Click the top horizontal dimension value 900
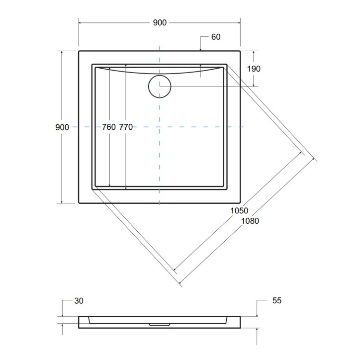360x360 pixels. (x=159, y=22)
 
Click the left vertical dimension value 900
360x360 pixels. (x=62, y=127)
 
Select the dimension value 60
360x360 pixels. (x=215, y=37)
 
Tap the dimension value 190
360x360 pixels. (x=253, y=69)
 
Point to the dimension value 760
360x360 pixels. (x=109, y=127)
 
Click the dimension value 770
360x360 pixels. (x=126, y=127)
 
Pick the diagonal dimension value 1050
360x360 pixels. (x=239, y=211)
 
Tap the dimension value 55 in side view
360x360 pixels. (x=277, y=301)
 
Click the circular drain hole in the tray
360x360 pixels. (x=160, y=87)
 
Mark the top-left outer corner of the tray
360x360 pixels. (x=79, y=50)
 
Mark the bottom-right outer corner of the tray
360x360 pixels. (x=240, y=203)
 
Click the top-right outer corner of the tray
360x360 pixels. (x=240, y=50)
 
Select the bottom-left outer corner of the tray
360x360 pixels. (x=79, y=203)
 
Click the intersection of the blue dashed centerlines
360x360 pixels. (x=159, y=127)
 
